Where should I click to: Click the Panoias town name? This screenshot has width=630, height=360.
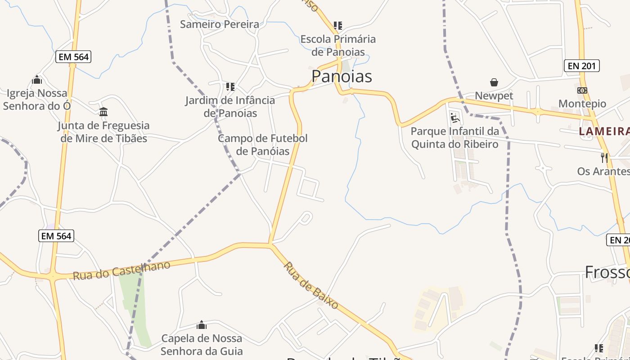(x=342, y=76)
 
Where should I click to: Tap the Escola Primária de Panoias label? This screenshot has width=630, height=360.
(x=338, y=45)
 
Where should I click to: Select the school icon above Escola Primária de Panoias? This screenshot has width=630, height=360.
(x=338, y=26)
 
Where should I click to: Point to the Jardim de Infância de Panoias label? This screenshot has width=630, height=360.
(x=230, y=106)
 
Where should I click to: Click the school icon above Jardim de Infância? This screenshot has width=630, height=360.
(x=230, y=86)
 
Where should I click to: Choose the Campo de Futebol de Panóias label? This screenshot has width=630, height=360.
(x=263, y=144)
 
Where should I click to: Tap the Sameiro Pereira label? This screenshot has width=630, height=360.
(x=220, y=24)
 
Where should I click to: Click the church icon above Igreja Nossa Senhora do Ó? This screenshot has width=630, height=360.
(x=37, y=80)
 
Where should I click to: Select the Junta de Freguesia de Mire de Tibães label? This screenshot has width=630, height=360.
(x=103, y=132)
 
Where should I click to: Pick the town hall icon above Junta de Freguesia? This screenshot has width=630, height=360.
(x=103, y=112)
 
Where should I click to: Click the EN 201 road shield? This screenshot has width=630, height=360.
(x=582, y=66)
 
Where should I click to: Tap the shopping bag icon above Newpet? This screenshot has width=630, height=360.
(x=494, y=82)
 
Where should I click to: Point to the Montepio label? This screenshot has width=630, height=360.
(x=582, y=103)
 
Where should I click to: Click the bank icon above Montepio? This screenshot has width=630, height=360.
(x=582, y=90)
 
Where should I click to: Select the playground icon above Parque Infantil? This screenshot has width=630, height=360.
(x=455, y=118)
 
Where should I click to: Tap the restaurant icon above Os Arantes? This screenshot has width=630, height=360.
(x=604, y=157)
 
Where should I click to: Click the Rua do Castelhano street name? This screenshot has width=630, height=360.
(x=121, y=270)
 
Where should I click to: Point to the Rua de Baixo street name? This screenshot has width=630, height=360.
(x=311, y=285)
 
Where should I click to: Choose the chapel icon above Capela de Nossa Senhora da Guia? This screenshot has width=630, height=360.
(x=202, y=325)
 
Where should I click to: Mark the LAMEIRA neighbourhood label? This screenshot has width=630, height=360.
(x=604, y=131)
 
